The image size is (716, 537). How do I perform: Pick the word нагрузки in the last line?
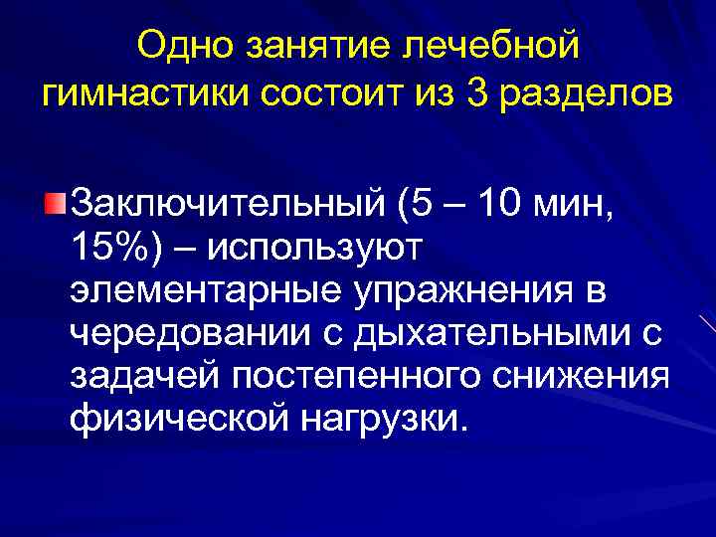pos(380,421)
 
